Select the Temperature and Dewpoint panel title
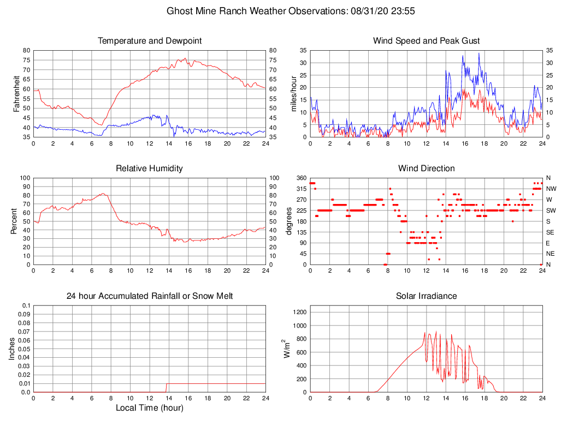click(150, 41)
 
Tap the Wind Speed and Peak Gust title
click(426, 41)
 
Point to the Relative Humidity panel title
click(150, 169)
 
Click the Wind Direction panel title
click(426, 169)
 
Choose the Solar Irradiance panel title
click(426, 296)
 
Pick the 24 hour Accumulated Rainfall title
click(150, 296)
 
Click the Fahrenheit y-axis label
click(16, 93)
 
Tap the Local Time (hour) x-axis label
click(150, 408)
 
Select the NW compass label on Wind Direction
click(551, 189)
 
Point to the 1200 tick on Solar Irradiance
click(300, 312)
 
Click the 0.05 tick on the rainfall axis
click(24, 349)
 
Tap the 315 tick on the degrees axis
click(300, 189)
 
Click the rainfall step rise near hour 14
click(167, 388)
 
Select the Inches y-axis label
click(12, 348)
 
